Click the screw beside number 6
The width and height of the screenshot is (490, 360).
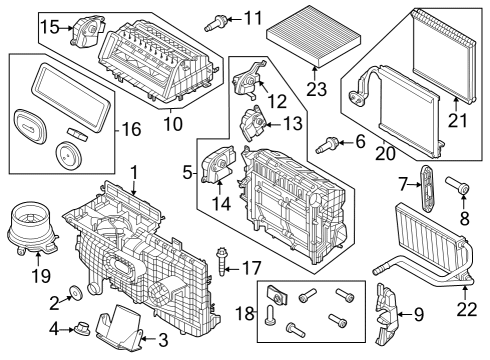pos(326,145)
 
